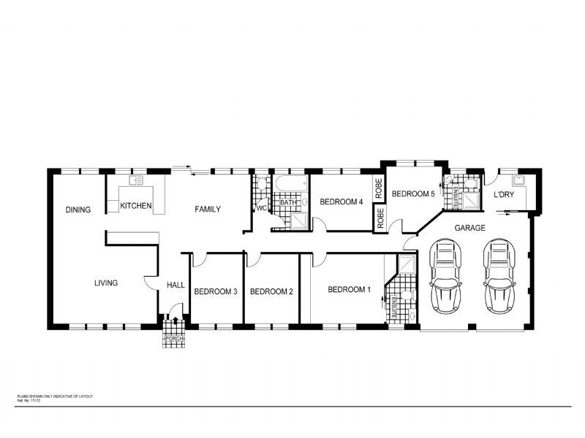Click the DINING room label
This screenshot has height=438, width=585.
coord(78,210)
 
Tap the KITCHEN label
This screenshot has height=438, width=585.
coord(136,206)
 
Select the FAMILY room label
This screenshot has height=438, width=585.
coord(208,210)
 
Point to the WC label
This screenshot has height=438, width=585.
coord(260,208)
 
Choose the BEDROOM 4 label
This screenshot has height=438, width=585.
coord(341,202)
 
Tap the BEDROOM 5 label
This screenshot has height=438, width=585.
coord(413,194)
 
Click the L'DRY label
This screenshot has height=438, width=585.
coord(505,195)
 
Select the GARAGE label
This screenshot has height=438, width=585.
coord(469,228)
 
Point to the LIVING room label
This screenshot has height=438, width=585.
coord(106,283)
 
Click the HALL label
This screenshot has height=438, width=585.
coord(175,285)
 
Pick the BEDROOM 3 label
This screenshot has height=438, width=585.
coord(215,291)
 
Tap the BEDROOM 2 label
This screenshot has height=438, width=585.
coord(271,291)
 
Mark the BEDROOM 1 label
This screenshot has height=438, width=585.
coord(349,290)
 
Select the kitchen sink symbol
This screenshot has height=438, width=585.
coord(135,180)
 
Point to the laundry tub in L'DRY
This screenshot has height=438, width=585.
coord(520,179)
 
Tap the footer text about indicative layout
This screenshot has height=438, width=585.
coord(55,396)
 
